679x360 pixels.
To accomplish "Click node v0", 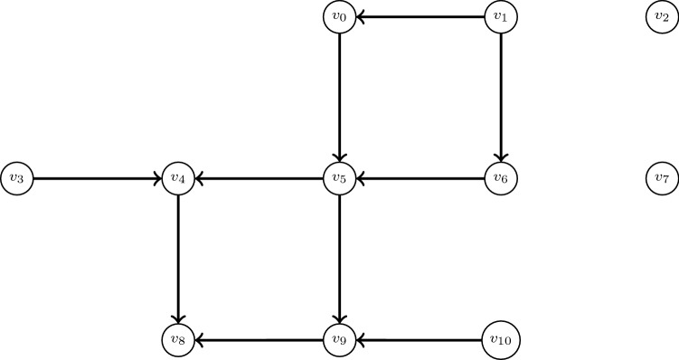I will [x=339, y=16].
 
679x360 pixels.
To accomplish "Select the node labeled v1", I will [x=501, y=16].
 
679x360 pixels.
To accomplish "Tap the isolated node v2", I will [x=663, y=16].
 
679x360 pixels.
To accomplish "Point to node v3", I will [x=16, y=178].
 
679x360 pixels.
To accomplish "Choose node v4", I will [x=178, y=178].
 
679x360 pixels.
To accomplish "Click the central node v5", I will [x=339, y=178].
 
